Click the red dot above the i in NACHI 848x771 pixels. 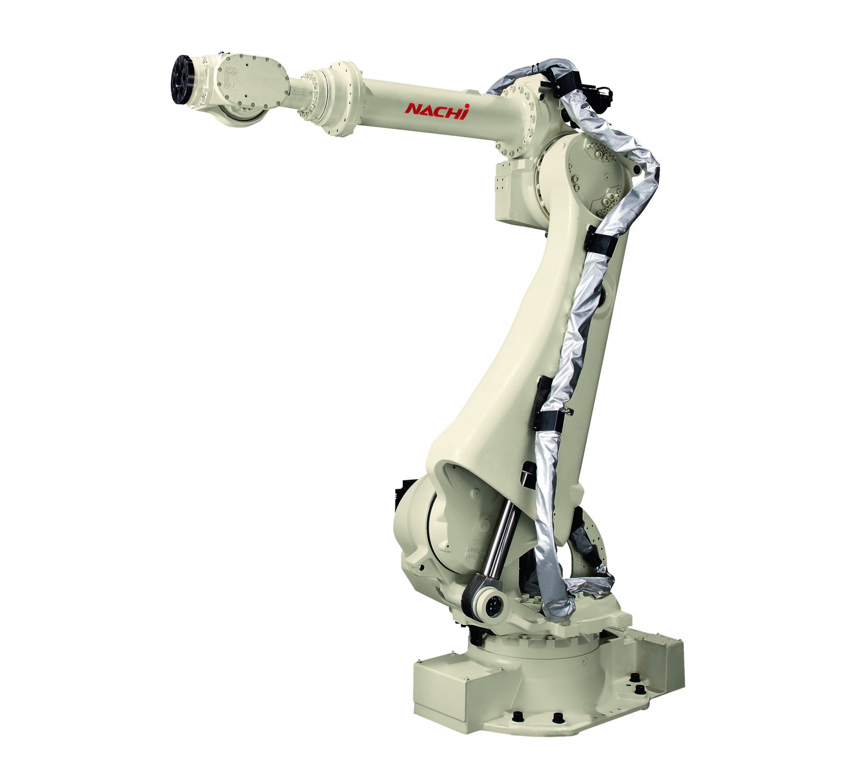467,106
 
